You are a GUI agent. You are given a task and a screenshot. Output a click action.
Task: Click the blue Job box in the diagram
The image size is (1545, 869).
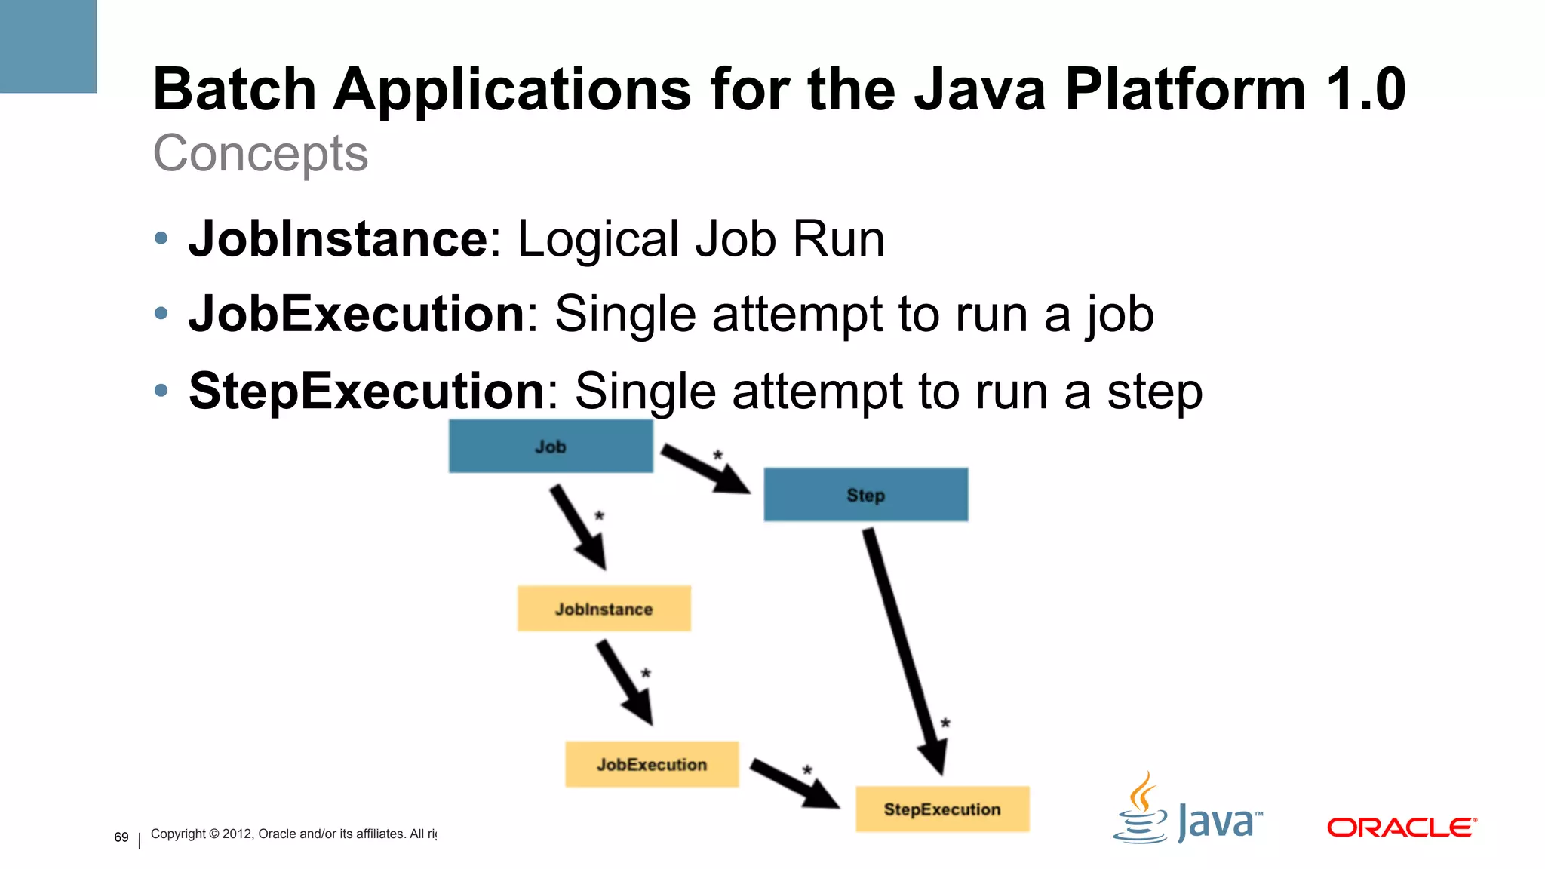point(551,447)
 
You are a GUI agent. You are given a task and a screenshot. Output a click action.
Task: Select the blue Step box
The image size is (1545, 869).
point(865,495)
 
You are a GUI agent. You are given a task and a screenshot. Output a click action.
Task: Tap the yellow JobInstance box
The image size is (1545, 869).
point(604,609)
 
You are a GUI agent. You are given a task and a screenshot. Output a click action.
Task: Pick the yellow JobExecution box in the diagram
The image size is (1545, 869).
point(652,764)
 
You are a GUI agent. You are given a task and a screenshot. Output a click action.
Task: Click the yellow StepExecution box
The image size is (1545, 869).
point(942,809)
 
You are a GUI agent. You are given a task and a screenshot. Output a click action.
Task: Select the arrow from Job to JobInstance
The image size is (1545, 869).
point(578,527)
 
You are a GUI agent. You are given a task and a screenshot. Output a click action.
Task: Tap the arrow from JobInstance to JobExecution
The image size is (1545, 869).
point(625,683)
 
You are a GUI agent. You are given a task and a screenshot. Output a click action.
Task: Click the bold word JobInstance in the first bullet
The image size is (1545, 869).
point(339,239)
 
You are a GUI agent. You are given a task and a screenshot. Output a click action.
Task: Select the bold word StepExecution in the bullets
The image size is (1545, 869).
point(367,391)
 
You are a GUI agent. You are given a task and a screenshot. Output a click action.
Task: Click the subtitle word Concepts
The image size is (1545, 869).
point(260,154)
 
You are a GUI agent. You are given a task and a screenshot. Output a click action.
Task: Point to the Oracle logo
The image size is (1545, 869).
point(1401,828)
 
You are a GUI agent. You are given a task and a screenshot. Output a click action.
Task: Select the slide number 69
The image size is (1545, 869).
point(121,837)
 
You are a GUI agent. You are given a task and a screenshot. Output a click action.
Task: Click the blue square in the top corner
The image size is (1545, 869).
point(48,46)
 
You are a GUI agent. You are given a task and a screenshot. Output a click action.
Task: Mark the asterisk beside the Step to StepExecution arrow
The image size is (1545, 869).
point(945,723)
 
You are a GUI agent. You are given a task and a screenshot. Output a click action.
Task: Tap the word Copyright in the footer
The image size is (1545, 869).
point(178,834)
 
